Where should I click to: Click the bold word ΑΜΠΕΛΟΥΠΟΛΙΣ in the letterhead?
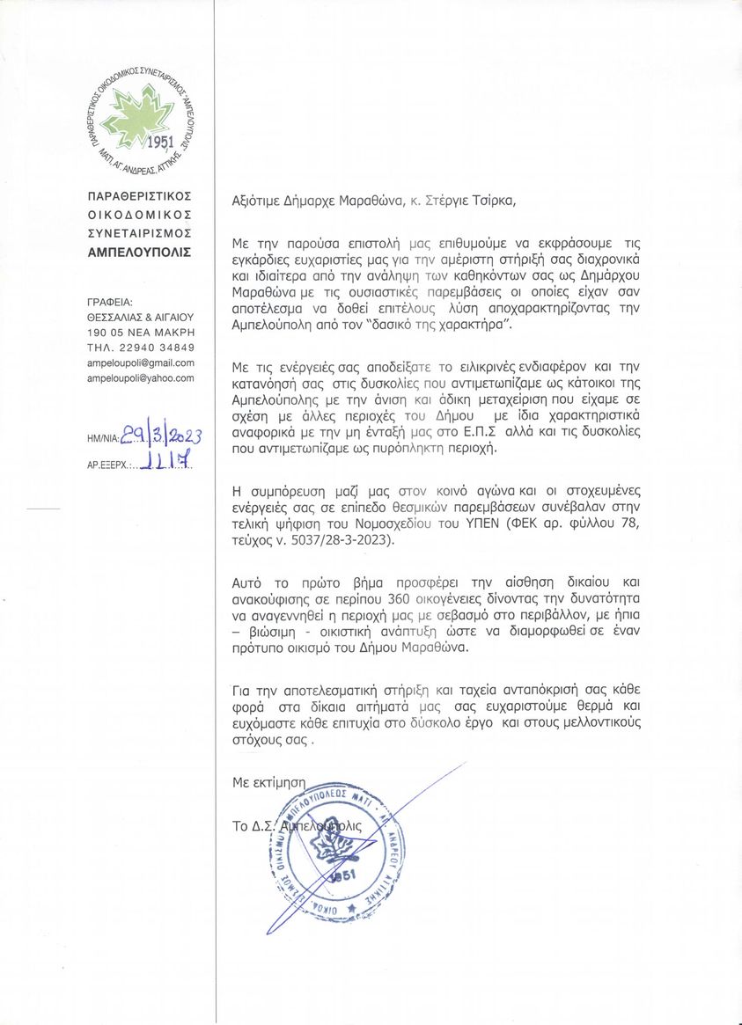[x=139, y=253]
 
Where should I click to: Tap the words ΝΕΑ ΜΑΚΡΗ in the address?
[x=163, y=332]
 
